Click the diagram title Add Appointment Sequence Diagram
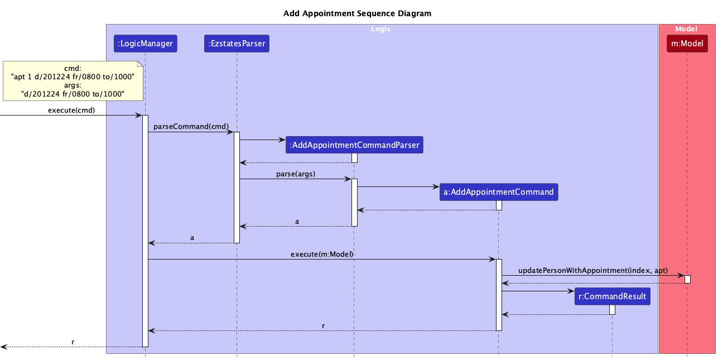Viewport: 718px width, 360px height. click(357, 13)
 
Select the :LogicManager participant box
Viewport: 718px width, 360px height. click(145, 43)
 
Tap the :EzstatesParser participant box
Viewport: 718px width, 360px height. click(237, 43)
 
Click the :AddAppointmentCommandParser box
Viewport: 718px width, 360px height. click(354, 145)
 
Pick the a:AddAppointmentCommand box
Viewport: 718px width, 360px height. click(498, 192)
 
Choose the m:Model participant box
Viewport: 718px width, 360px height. click(687, 43)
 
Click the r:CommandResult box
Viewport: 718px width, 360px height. click(612, 296)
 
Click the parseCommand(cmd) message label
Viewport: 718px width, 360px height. click(191, 127)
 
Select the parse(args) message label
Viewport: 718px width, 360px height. click(296, 174)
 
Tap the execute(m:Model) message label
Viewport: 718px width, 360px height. click(322, 254)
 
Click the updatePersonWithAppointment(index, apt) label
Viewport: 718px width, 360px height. click(593, 270)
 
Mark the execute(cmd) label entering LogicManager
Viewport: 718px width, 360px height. click(71, 110)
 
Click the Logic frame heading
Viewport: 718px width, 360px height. click(382, 28)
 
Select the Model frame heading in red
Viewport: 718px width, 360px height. click(686, 28)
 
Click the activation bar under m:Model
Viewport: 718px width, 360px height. click(687, 279)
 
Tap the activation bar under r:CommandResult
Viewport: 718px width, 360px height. click(612, 309)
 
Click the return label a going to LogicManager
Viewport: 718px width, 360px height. click(192, 237)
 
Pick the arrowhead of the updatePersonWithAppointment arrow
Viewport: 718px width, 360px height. click(681, 276)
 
